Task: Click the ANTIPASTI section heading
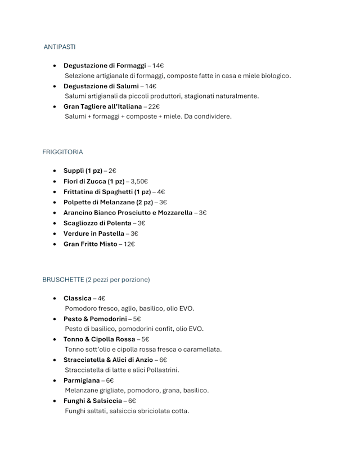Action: pos(60,47)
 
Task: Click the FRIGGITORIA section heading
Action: pos(62,152)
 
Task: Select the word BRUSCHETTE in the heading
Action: pos(62,279)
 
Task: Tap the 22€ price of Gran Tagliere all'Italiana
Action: pos(154,106)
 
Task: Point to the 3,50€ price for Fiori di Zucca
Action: pos(139,181)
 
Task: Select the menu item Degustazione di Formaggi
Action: pos(105,65)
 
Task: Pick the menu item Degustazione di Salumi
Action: pos(101,86)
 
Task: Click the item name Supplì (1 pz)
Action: pos(83,171)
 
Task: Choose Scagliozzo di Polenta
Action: pos(97,223)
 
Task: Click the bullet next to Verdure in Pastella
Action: pos(55,234)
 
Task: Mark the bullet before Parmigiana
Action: pos(55,381)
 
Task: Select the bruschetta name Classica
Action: pos(77,298)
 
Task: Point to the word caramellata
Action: pos(202,349)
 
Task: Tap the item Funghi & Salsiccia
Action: pos(92,401)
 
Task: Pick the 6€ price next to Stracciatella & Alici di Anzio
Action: pos(163,360)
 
